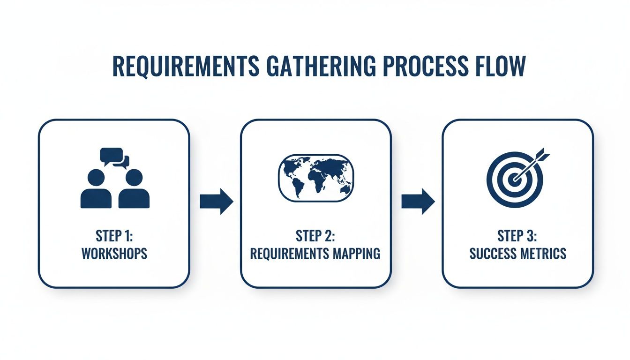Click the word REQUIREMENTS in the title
click(186, 66)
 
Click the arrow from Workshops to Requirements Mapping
click(217, 202)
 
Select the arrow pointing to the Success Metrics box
click(418, 202)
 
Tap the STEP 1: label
click(114, 236)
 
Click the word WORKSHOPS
click(114, 254)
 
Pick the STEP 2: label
click(315, 236)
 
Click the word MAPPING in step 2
click(356, 254)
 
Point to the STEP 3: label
click(517, 236)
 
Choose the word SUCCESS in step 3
click(493, 254)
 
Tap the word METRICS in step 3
click(543, 254)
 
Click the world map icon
click(316, 178)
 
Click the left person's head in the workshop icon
click(96, 178)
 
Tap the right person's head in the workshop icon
click(134, 178)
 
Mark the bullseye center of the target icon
click(515, 179)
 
